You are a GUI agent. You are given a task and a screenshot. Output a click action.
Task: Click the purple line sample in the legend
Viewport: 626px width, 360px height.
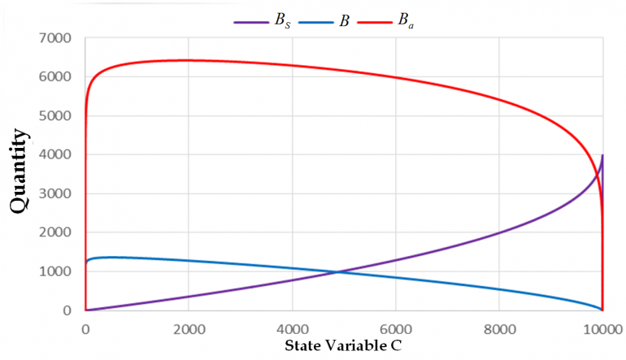tap(251, 23)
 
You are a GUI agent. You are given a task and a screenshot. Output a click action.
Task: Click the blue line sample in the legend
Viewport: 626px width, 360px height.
tap(315, 23)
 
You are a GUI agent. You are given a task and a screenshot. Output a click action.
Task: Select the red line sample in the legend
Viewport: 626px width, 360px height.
tap(375, 23)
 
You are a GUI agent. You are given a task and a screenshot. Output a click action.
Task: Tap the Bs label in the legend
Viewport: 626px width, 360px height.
tap(282, 21)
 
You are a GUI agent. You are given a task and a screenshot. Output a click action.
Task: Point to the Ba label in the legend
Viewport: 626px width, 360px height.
tap(406, 21)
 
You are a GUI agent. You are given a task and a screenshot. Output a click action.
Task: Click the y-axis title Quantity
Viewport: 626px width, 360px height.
tap(20, 171)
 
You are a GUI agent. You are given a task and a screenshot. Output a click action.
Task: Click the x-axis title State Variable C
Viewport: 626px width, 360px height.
tap(343, 345)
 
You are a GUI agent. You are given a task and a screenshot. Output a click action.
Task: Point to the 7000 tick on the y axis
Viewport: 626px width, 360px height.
tap(55, 38)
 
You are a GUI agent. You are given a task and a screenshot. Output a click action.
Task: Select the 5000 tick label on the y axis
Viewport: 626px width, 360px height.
tap(55, 116)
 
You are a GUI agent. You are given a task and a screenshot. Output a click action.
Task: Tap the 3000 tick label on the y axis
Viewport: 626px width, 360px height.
tap(55, 194)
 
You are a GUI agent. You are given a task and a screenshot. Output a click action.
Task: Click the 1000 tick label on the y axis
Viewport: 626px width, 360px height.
tap(55, 271)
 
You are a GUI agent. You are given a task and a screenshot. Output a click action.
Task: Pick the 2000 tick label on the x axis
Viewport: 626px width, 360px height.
tap(189, 330)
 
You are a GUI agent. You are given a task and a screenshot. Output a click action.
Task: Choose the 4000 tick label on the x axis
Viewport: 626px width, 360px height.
tap(293, 330)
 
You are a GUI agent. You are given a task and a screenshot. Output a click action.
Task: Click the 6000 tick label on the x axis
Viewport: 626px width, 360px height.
tap(396, 330)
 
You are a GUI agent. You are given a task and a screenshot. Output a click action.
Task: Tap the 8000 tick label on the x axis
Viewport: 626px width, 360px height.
tap(499, 330)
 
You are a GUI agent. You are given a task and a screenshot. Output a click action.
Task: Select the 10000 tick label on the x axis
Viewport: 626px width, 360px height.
tap(603, 330)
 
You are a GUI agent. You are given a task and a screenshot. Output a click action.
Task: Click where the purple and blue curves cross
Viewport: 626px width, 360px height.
tap(337, 272)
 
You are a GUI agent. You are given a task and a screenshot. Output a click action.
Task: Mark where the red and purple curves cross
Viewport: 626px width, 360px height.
tap(599, 172)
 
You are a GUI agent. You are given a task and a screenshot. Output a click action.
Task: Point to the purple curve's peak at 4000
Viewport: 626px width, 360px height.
tap(602, 155)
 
